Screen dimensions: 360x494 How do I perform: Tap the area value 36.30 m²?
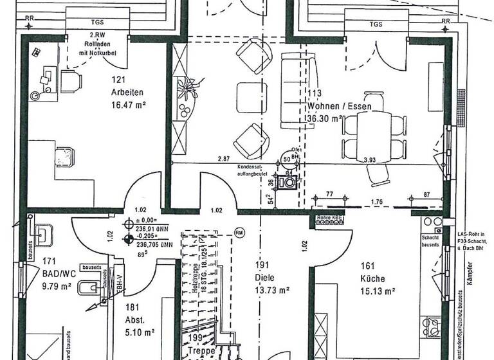coord(328,118)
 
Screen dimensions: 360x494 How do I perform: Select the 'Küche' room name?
coord(372,278)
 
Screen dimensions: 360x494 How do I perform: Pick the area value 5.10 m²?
coord(140,332)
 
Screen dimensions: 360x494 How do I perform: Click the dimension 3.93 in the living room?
coord(369,160)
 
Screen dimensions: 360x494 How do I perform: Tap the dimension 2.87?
coord(223,158)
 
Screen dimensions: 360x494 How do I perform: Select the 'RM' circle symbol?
coord(239,233)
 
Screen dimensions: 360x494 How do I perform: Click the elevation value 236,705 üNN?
coord(154,245)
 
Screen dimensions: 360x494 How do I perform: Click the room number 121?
coord(116,79)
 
